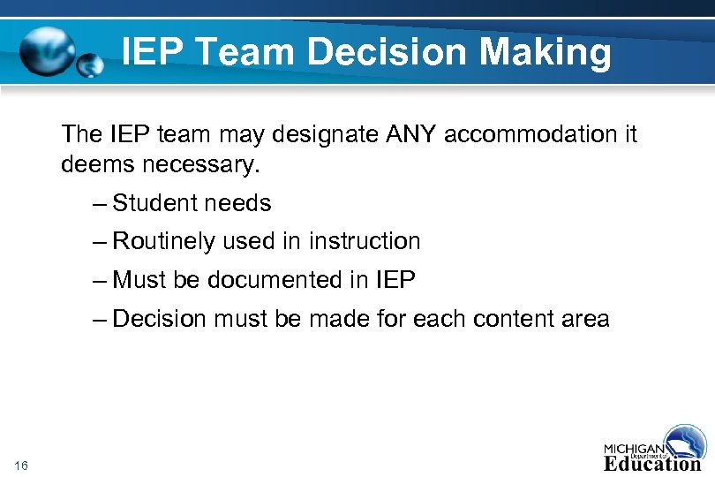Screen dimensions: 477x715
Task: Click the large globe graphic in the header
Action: pos(49,51)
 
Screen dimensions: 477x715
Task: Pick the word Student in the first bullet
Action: pos(155,203)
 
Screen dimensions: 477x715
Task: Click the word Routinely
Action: pos(164,241)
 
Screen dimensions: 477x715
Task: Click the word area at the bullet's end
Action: pos(587,318)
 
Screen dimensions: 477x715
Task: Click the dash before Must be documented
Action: pos(99,281)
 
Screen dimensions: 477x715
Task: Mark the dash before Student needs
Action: pos(99,204)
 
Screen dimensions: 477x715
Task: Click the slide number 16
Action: pos(22,465)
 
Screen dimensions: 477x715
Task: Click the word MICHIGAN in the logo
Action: pos(634,446)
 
